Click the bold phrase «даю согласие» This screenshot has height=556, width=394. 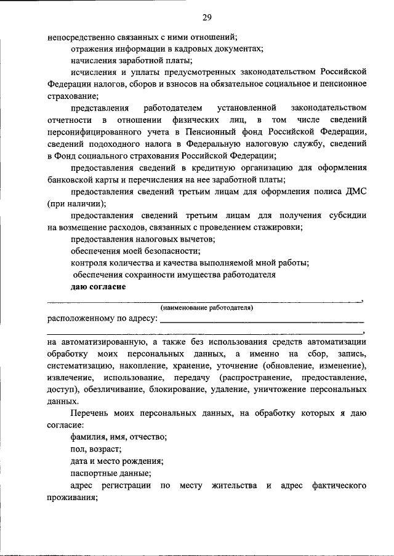98,287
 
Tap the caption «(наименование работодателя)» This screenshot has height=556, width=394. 206,307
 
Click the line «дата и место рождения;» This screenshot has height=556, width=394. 116,461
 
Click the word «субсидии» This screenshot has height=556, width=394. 347,216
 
